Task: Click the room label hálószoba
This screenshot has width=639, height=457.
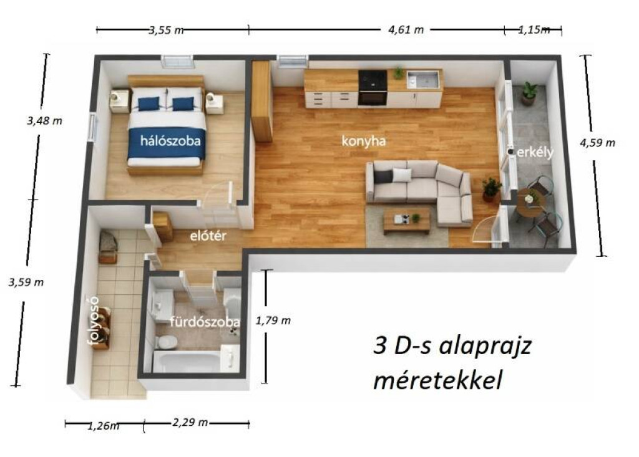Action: (x=170, y=141)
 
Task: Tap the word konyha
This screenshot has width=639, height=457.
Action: (x=364, y=141)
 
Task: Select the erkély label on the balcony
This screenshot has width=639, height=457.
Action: (x=535, y=152)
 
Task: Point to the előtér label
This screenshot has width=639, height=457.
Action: (x=208, y=236)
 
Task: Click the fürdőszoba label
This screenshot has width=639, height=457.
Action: (x=205, y=322)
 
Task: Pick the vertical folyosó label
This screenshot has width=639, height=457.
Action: (x=94, y=320)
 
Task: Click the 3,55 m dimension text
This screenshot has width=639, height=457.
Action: (x=166, y=30)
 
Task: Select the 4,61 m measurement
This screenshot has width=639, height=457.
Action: (x=406, y=30)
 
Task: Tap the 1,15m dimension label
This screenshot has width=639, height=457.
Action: (x=534, y=29)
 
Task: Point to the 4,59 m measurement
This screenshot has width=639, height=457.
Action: (x=597, y=143)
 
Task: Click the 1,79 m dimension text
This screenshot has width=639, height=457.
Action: (x=273, y=320)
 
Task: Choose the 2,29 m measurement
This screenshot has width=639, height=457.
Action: (x=190, y=422)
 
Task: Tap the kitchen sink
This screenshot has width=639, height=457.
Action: (x=424, y=79)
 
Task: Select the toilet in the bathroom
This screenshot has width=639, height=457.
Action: (x=165, y=342)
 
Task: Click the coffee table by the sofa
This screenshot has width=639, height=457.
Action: (x=407, y=220)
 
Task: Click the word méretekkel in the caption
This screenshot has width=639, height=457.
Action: (x=437, y=381)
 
